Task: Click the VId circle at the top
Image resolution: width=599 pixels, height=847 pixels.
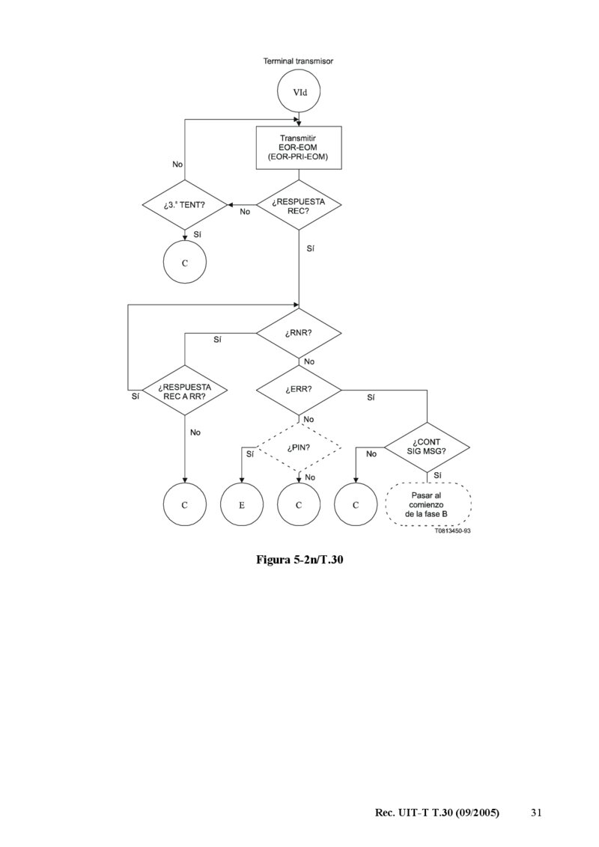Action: tap(299, 94)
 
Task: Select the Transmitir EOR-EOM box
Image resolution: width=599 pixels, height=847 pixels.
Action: tap(299, 147)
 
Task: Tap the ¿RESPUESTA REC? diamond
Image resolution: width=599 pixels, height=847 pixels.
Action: tap(299, 204)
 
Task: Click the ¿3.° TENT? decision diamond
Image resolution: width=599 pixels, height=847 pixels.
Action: tap(185, 204)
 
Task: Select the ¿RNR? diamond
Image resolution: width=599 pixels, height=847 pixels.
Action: tap(299, 333)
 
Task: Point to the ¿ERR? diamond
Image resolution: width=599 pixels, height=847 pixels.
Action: tap(299, 390)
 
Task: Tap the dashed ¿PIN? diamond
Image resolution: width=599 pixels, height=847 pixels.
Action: tap(299, 448)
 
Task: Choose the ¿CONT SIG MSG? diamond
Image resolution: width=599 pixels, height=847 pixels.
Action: tap(427, 447)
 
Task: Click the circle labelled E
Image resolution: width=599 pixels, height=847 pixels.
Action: tap(241, 505)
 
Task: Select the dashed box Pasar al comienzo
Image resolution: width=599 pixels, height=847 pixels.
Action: tap(427, 505)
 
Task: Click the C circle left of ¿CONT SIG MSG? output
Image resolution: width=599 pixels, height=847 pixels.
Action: tap(356, 505)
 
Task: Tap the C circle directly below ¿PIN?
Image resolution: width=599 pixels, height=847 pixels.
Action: tap(299, 505)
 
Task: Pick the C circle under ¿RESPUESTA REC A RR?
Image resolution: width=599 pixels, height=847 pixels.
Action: tap(185, 505)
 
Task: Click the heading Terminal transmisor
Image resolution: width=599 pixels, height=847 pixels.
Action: tap(298, 61)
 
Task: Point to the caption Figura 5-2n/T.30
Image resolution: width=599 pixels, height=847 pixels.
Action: tap(299, 559)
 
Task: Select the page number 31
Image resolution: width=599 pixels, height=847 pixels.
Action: tap(535, 813)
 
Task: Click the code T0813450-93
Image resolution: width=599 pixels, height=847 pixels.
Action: tap(451, 531)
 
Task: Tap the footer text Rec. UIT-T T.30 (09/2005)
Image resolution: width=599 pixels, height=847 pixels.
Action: tap(437, 813)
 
